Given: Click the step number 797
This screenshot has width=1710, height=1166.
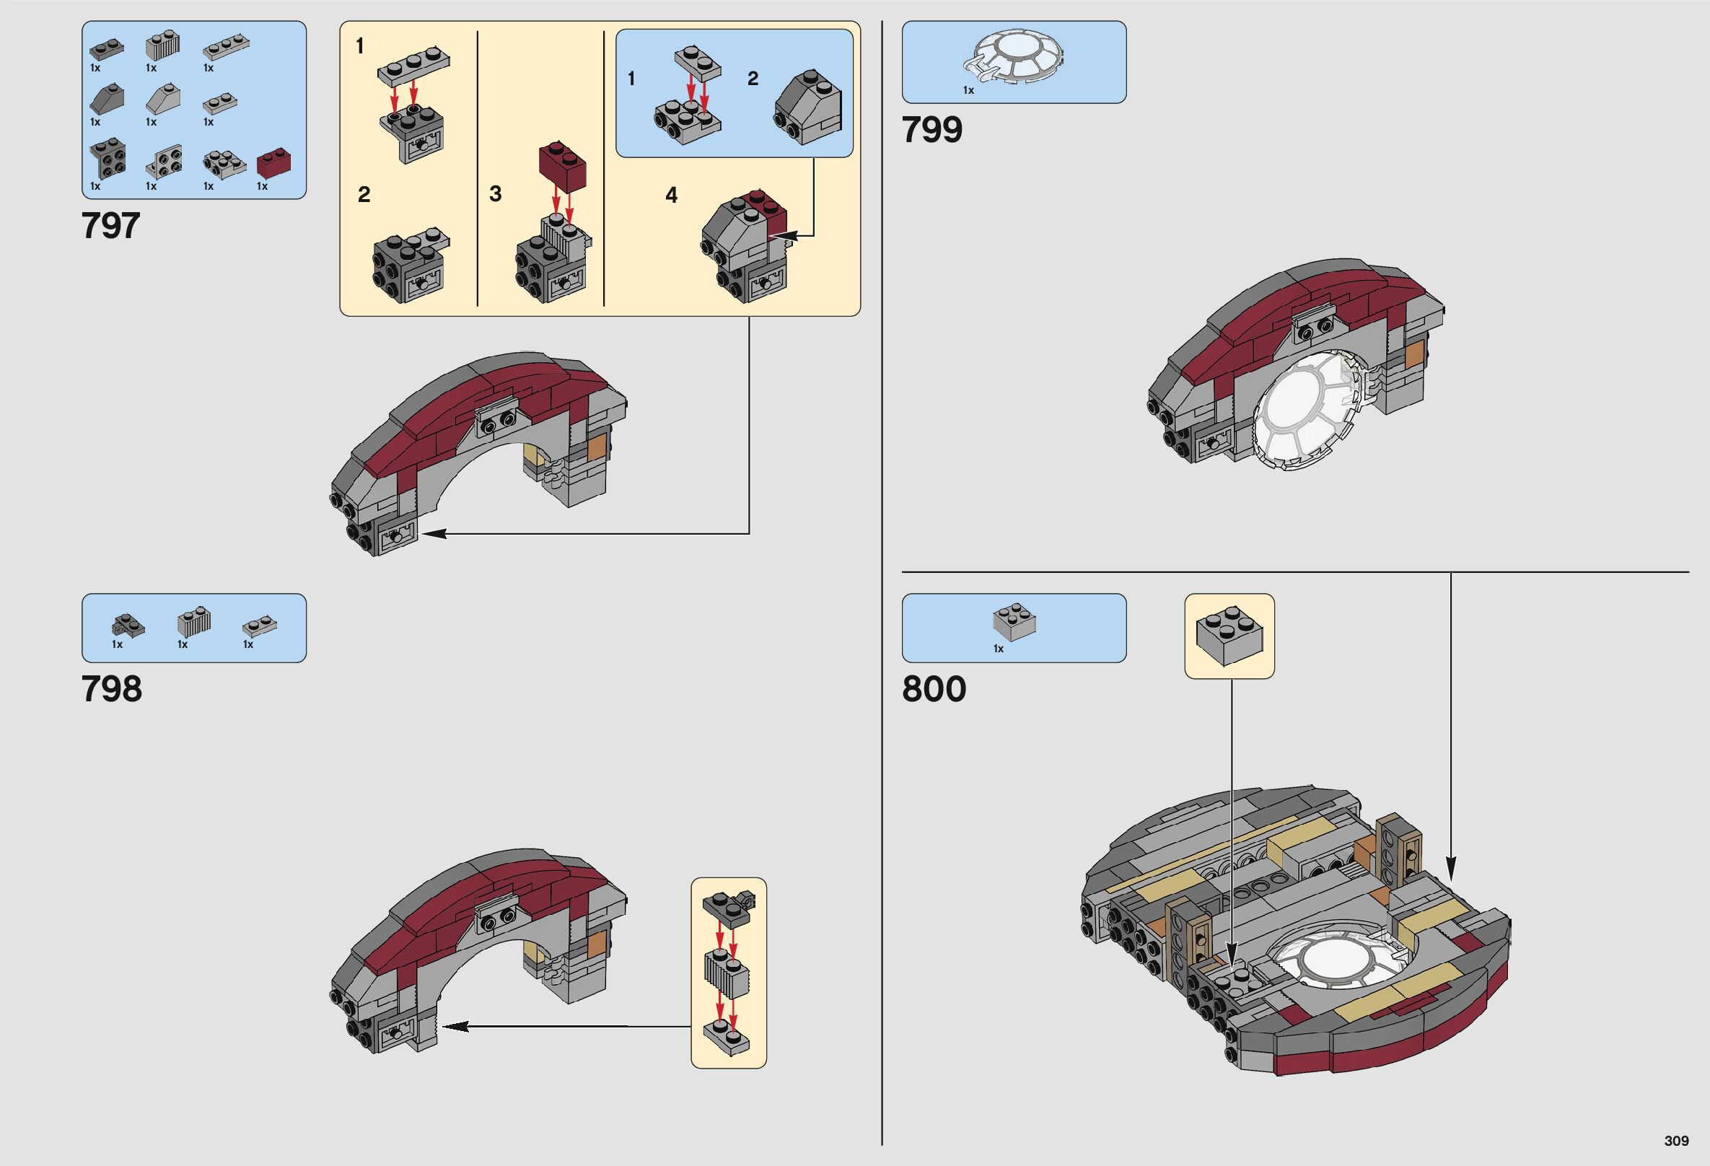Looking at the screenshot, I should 110,226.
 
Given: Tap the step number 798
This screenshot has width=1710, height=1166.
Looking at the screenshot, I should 112,689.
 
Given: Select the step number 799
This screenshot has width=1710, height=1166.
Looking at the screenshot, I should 932,130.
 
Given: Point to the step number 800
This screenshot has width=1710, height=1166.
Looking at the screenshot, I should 934,689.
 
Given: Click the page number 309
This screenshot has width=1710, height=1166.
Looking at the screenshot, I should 1676,1141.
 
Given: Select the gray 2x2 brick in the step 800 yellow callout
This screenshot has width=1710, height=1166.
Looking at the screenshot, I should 1229,637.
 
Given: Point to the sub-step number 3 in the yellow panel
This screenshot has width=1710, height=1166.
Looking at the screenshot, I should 495,194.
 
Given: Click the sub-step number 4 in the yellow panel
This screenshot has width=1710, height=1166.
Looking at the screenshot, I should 671,195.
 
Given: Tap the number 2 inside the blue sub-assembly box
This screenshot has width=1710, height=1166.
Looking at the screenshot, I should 753,79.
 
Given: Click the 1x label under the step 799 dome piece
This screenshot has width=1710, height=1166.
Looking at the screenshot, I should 968,90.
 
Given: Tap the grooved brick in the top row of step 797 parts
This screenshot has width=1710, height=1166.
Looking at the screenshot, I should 162,48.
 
